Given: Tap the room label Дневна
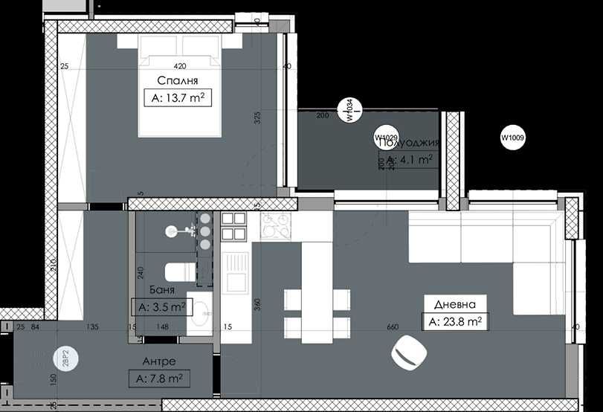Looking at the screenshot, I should click(x=454, y=303).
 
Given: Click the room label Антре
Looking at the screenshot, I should click(x=158, y=361).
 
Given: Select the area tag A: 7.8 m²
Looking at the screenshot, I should click(x=158, y=379).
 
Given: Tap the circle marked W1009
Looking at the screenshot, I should click(x=512, y=137).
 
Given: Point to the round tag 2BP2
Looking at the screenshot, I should click(x=65, y=359).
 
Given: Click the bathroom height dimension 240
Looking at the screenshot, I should click(x=140, y=273).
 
